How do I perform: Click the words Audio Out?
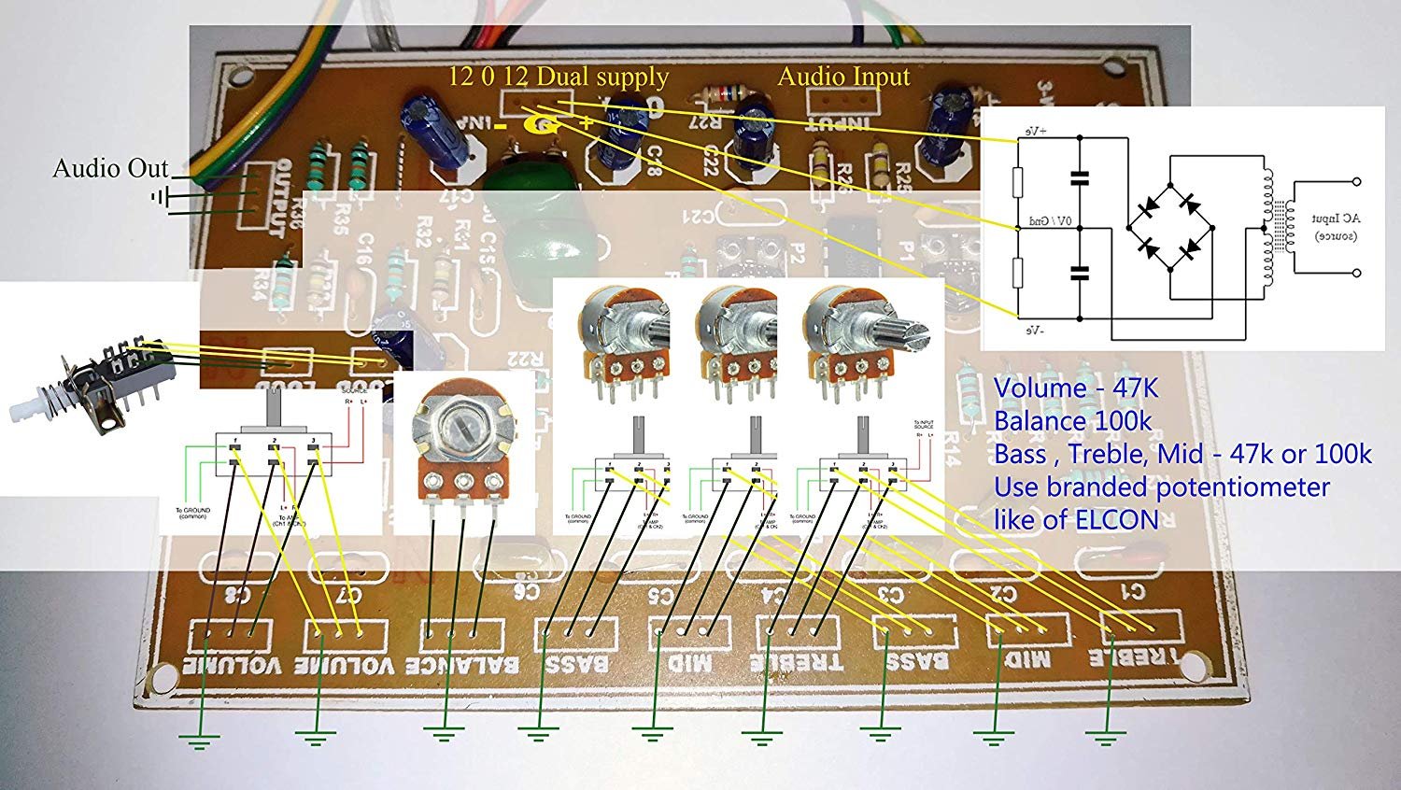(110, 169)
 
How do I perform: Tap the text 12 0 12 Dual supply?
(559, 77)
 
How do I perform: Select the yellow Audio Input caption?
(843, 77)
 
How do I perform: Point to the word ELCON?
(1117, 520)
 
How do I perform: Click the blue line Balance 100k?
(1072, 421)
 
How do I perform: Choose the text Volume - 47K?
(1066, 388)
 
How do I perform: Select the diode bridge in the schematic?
(1167, 226)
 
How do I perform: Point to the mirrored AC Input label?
(1336, 227)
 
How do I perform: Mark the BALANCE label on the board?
(461, 666)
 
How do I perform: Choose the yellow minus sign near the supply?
(502, 125)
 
